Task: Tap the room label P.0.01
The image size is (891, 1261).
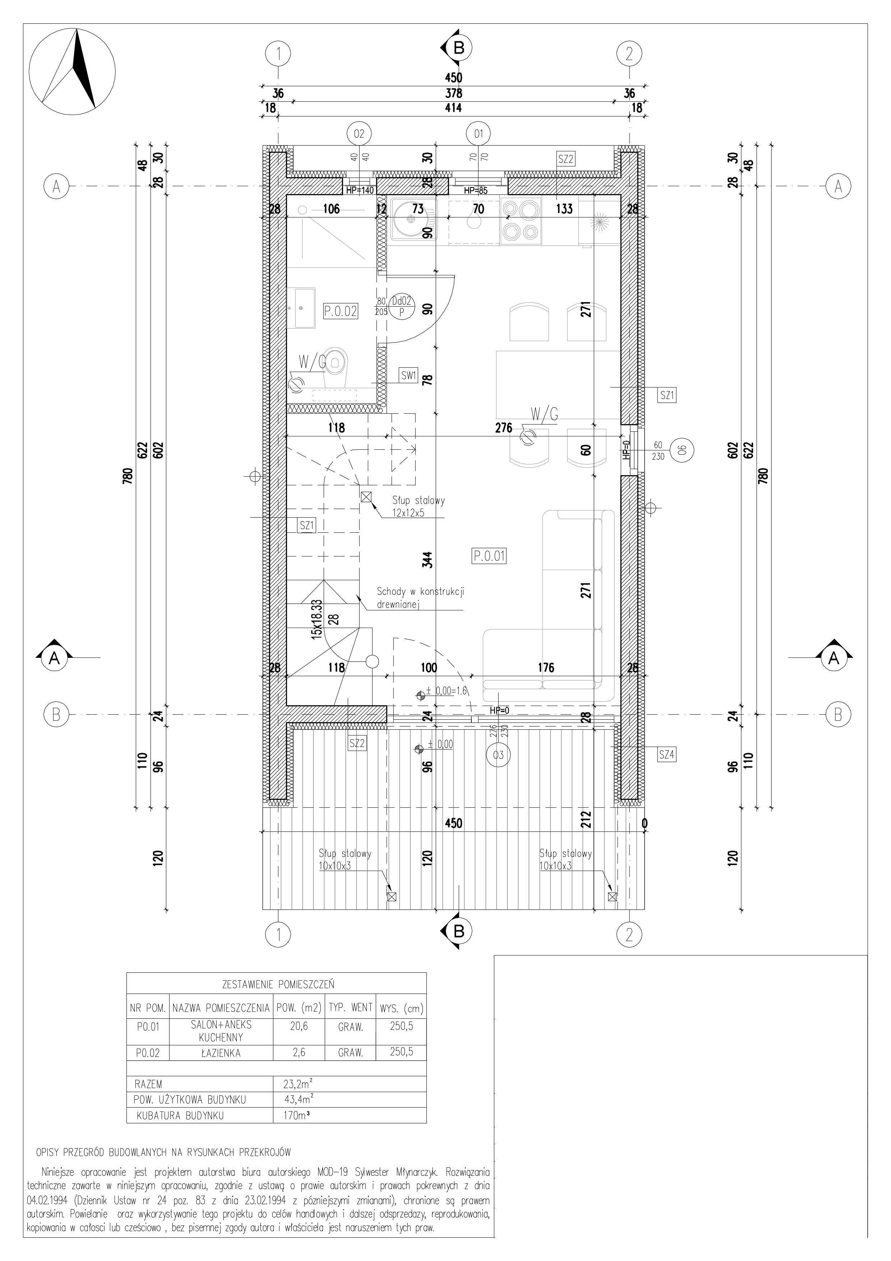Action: [489, 556]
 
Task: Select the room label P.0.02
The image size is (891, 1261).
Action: [340, 311]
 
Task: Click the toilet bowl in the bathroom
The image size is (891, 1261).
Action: [336, 365]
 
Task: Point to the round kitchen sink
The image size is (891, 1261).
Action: [410, 218]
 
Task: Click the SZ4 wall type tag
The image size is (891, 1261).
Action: [666, 755]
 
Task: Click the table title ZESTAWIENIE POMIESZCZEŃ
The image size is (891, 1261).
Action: [278, 984]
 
